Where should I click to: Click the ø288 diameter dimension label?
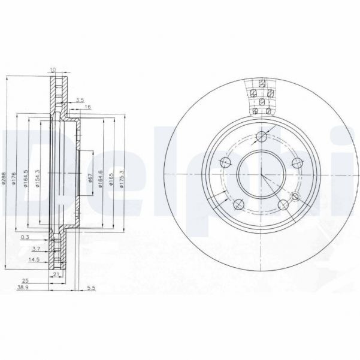[x=4, y=179]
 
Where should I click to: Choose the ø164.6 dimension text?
[x=101, y=178]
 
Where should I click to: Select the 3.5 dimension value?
[x=80, y=100]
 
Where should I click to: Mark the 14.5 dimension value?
[x=34, y=259]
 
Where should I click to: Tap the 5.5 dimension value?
[x=91, y=289]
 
